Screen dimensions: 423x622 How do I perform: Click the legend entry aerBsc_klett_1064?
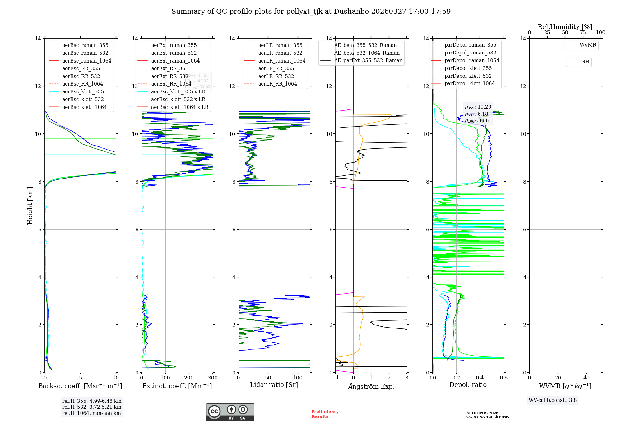pos(84,107)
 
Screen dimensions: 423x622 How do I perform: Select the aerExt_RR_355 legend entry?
pos(169,68)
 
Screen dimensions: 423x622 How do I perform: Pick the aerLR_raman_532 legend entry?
pos(280,53)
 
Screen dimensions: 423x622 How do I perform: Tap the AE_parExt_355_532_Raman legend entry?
pos(368,60)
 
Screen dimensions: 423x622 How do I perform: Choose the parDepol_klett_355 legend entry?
pos(468,68)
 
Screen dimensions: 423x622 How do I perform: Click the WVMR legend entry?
pos(587,45)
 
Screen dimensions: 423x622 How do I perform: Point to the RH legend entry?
pos(585,62)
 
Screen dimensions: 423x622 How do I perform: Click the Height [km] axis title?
pos(30,205)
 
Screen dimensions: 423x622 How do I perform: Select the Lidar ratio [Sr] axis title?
pos(274,385)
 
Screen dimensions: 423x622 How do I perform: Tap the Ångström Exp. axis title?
pos(371,386)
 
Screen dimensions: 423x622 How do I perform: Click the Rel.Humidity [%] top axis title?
pos(565,27)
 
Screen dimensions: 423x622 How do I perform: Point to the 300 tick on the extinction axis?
pos(213,378)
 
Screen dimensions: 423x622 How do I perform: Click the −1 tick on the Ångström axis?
pos(335,378)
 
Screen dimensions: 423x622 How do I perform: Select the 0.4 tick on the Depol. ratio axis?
pos(480,378)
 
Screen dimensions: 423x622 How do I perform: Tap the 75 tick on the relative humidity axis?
pos(583,33)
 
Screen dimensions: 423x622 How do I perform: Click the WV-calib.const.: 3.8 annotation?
pos(553,400)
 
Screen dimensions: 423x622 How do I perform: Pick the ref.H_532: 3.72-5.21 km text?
pos(92,407)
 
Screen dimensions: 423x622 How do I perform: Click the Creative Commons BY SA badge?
pos(230,412)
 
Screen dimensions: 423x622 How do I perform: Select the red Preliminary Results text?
pos(325,414)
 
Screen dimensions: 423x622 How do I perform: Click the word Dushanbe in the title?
pos(351,12)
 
